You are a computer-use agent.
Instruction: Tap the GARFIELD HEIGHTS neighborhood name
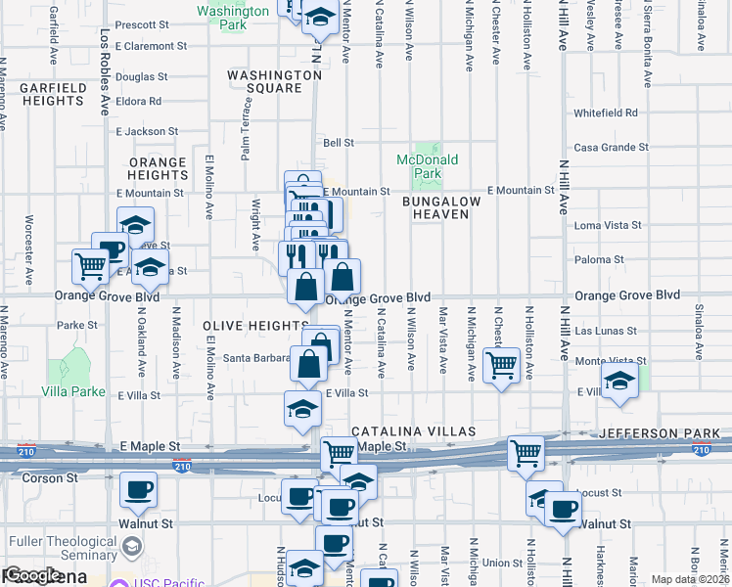(x=51, y=94)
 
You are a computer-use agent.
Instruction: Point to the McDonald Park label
(x=427, y=166)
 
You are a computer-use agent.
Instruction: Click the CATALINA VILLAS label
(x=413, y=431)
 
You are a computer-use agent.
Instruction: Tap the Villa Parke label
(x=74, y=391)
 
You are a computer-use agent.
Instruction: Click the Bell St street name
(x=339, y=143)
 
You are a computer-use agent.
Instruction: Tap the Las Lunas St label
(x=605, y=332)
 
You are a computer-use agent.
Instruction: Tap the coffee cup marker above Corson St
(x=138, y=489)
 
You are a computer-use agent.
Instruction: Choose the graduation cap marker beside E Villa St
(x=303, y=409)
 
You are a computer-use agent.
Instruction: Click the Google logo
(x=32, y=576)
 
